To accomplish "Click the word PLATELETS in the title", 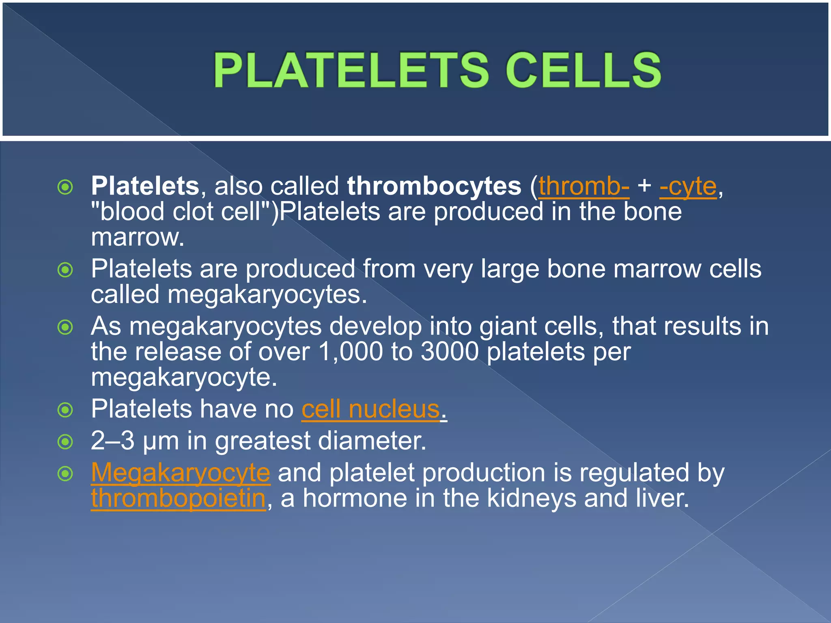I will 351,70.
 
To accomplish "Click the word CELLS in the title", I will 583,70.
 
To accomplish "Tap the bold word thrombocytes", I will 434,186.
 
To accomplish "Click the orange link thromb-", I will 584,186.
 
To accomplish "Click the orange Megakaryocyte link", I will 181,473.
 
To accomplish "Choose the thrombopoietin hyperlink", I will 178,498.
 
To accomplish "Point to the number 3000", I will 450,351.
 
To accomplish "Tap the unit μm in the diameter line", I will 161,441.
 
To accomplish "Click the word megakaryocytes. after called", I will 267,294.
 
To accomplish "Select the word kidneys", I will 531,498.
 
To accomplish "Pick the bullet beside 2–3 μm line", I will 65,442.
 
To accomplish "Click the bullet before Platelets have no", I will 65,410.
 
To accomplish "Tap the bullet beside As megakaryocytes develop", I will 65,327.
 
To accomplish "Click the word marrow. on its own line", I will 138,238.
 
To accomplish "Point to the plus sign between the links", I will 644,186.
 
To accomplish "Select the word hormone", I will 355,498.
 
